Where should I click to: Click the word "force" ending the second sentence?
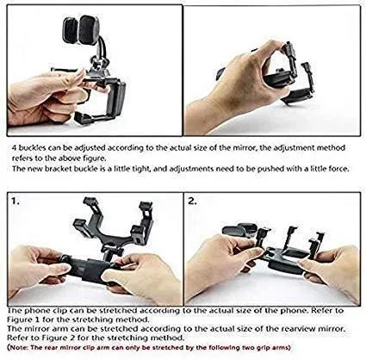[x=336, y=169]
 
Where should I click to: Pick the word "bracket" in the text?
[x=59, y=169]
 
